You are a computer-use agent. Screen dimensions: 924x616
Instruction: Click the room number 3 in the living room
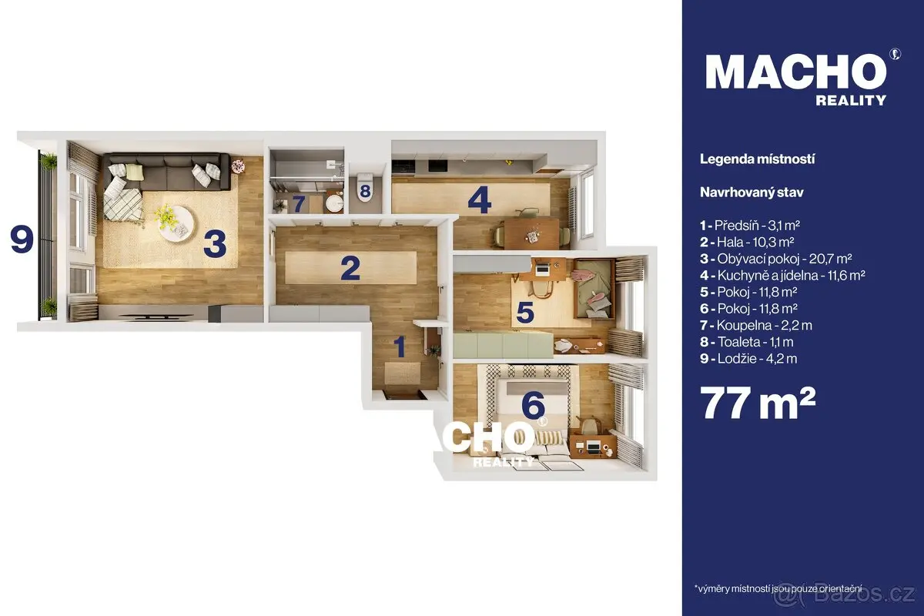click(x=215, y=243)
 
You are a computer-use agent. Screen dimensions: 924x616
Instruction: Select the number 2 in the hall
click(x=350, y=268)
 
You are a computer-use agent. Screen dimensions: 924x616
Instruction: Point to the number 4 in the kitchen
click(x=479, y=199)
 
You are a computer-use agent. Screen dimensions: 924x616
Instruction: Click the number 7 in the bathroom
click(x=299, y=203)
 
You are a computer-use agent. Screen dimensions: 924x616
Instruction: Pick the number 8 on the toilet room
click(x=365, y=192)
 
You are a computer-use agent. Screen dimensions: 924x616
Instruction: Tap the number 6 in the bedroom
click(x=533, y=404)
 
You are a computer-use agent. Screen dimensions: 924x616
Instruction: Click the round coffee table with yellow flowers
click(x=176, y=223)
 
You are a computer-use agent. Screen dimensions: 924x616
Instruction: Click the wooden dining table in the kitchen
click(x=531, y=233)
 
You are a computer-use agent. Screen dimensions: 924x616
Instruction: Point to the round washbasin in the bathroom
click(x=333, y=203)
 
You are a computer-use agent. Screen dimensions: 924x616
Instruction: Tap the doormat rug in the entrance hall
click(x=403, y=373)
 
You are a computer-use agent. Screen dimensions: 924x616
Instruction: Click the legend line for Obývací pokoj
click(x=776, y=259)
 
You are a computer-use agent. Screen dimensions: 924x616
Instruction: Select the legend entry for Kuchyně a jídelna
click(x=782, y=275)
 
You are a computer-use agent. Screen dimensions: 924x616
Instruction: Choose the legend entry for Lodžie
click(x=748, y=359)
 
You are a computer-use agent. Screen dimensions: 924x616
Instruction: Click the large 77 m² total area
click(x=758, y=402)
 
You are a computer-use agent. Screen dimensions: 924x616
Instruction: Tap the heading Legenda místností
click(x=758, y=159)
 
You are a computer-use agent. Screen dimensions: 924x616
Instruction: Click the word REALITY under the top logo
click(x=851, y=100)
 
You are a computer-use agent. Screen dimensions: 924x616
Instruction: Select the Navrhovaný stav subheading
click(x=752, y=192)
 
